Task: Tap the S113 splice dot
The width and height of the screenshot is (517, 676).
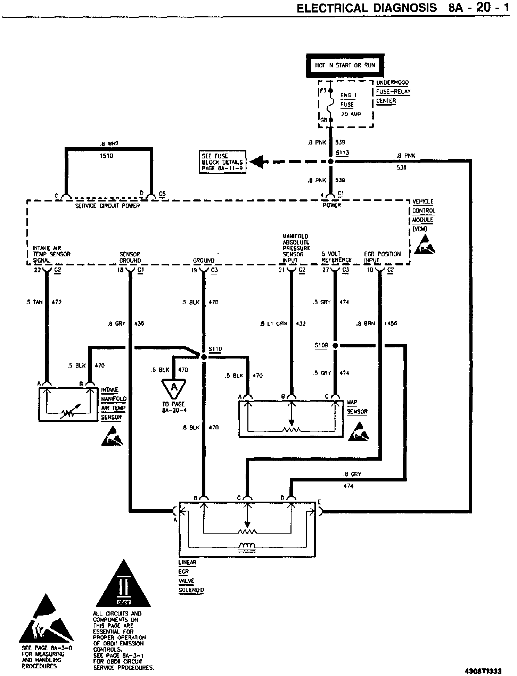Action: click(331, 162)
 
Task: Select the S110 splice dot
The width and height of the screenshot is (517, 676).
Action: click(204, 357)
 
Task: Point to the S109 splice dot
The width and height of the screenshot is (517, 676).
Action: click(335, 346)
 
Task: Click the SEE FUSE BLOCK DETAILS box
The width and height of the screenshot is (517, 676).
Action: click(222, 162)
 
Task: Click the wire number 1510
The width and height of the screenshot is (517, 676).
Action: click(106, 156)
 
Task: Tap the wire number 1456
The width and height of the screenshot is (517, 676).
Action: click(391, 323)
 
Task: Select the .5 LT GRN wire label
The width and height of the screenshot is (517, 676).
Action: click(273, 323)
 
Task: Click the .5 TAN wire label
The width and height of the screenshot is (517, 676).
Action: click(34, 302)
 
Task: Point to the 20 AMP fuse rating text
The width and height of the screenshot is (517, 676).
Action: click(351, 114)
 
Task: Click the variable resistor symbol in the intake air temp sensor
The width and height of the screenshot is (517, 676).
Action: click(68, 411)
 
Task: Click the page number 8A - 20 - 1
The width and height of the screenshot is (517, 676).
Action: click(479, 8)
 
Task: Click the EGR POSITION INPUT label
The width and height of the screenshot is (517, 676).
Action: click(382, 257)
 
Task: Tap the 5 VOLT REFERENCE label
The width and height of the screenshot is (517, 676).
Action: click(336, 257)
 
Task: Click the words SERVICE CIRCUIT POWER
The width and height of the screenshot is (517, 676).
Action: click(107, 206)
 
